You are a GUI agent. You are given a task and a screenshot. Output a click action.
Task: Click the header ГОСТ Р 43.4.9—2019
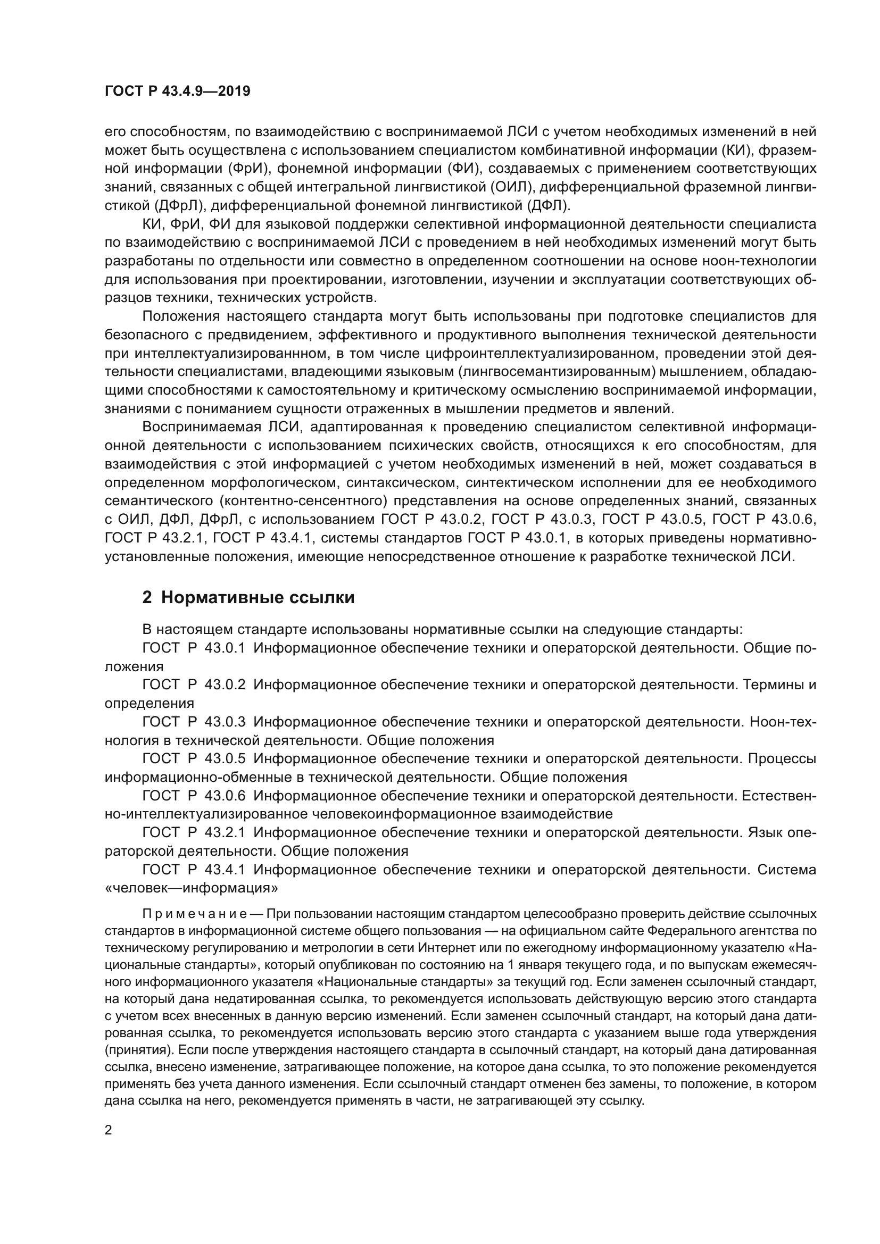coord(177,91)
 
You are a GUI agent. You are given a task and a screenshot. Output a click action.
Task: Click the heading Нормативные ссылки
coord(258,598)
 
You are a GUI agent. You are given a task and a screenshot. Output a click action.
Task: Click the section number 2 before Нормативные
coord(146,598)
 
